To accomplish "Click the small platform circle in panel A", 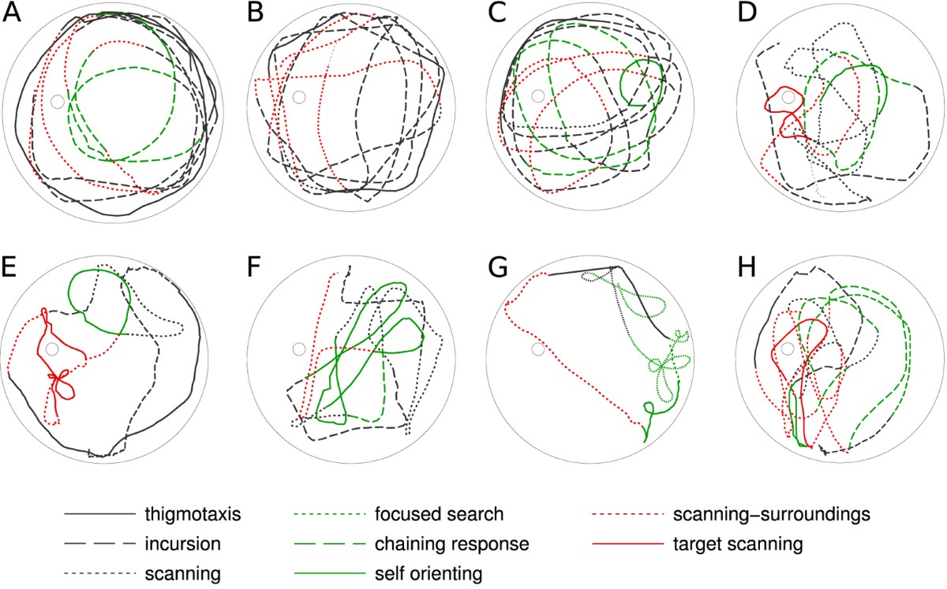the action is [x=58, y=102].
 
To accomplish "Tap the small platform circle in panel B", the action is [x=299, y=97].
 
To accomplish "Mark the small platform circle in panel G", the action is [x=537, y=349].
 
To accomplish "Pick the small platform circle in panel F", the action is [x=299, y=349].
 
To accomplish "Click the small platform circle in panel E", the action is [x=52, y=349].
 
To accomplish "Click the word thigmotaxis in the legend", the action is [x=193, y=515].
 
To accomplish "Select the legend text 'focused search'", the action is [x=440, y=514].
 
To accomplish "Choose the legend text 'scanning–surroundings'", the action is [x=772, y=515].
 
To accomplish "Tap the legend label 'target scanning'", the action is [x=738, y=544].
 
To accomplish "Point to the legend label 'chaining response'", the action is [x=452, y=544].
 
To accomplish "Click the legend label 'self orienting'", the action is [x=429, y=574].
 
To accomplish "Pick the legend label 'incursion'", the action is [x=182, y=544].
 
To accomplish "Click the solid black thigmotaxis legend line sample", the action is [x=99, y=514].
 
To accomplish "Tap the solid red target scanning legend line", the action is [x=628, y=543].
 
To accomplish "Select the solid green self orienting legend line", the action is [x=329, y=573].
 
